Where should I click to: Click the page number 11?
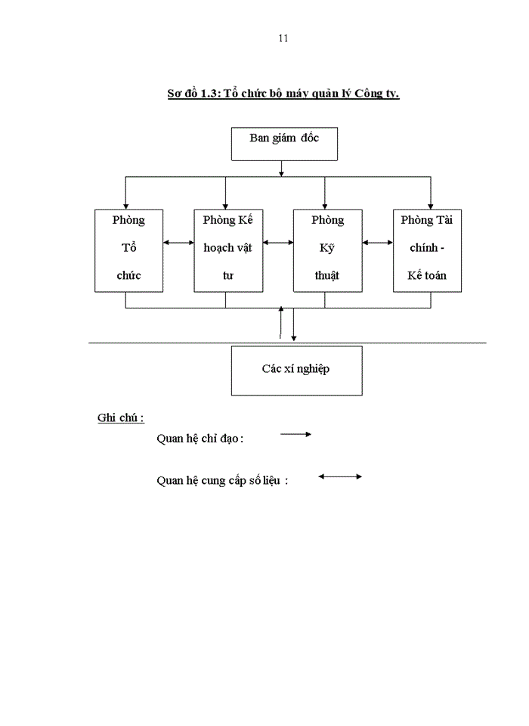point(283,38)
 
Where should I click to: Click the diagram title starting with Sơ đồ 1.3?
point(283,94)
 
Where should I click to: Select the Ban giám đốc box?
point(283,144)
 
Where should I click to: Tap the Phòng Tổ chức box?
point(128,250)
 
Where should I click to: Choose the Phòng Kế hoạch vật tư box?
point(228,250)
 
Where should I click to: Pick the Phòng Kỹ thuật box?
point(327,250)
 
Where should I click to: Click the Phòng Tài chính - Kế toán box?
point(427,250)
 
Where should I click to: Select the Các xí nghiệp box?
point(296,370)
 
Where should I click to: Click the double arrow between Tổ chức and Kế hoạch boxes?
point(178,243)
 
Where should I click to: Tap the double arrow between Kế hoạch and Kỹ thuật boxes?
point(278,243)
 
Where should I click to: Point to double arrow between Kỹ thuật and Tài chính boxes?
point(377,243)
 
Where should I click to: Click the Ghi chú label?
point(120,418)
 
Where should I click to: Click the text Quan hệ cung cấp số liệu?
point(221,480)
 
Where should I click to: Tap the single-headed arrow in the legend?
point(296,434)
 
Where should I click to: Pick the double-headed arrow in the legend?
point(340,476)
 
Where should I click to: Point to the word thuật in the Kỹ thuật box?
point(327,275)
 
